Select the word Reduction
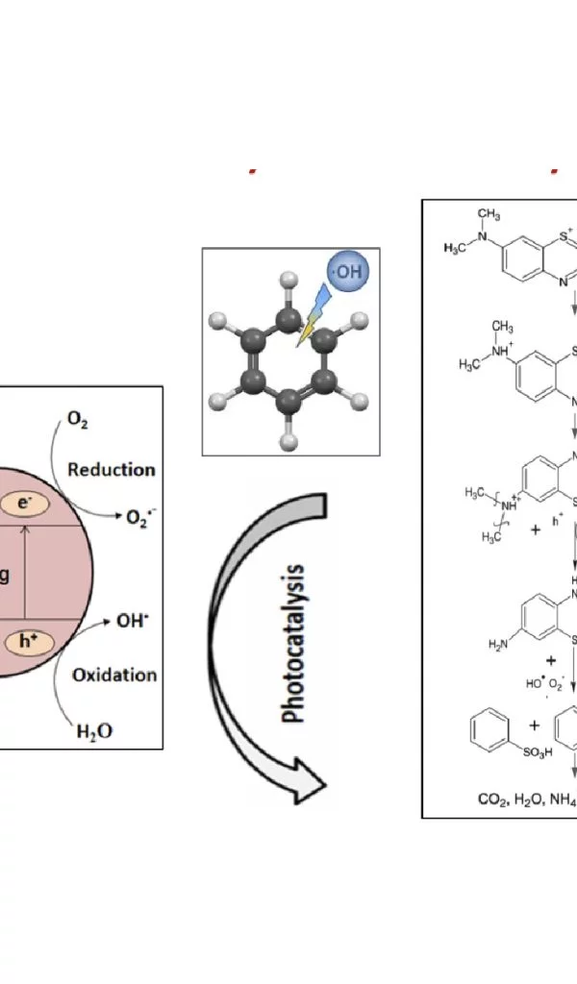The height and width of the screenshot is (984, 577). (112, 469)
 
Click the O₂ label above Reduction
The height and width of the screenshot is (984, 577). (78, 422)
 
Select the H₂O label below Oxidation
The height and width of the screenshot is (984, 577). (94, 731)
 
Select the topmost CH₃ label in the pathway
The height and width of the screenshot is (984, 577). (489, 213)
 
